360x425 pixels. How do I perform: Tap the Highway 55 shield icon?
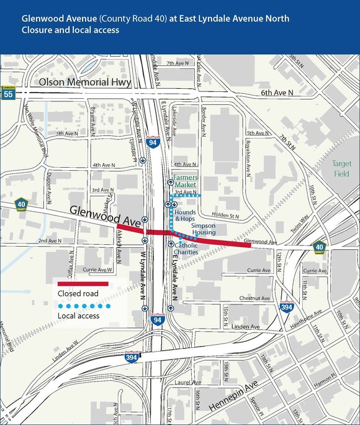tap(8, 94)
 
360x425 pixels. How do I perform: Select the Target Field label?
tap(341, 168)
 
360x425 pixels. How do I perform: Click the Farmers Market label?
tap(185, 181)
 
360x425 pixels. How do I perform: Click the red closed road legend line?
tap(83, 284)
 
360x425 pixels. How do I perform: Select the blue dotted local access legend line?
tap(83, 306)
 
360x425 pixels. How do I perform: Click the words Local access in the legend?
tap(78, 316)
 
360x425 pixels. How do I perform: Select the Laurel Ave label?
tap(187, 383)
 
